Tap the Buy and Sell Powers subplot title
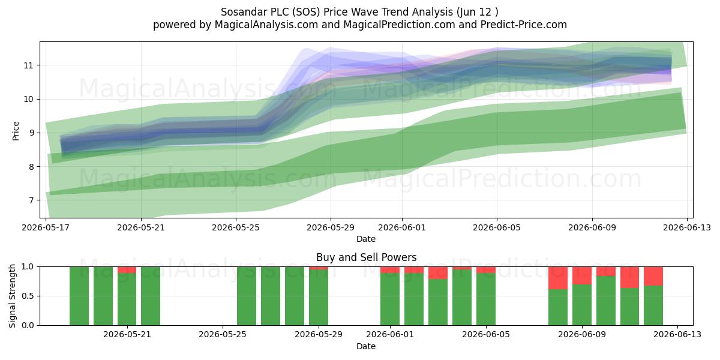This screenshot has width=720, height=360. (x=366, y=257)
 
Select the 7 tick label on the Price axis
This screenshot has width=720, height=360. (x=31, y=200)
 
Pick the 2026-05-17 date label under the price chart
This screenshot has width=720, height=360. (x=46, y=228)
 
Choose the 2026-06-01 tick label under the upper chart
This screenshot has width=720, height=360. (x=402, y=228)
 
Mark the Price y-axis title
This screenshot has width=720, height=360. (x=16, y=131)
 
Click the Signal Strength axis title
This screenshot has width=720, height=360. (x=12, y=296)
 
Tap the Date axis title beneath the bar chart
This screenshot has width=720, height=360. (x=366, y=347)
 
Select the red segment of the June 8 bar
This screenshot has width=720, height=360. (x=557, y=278)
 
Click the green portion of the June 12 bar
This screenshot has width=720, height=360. (x=653, y=305)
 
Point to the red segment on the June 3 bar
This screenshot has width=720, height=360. (x=438, y=273)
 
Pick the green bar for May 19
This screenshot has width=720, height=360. (x=79, y=296)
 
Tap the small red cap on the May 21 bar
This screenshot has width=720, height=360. (x=127, y=270)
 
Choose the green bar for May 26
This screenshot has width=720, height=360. (x=247, y=296)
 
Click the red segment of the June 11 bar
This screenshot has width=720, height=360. (x=629, y=277)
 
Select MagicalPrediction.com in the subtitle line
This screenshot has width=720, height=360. (x=399, y=25)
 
